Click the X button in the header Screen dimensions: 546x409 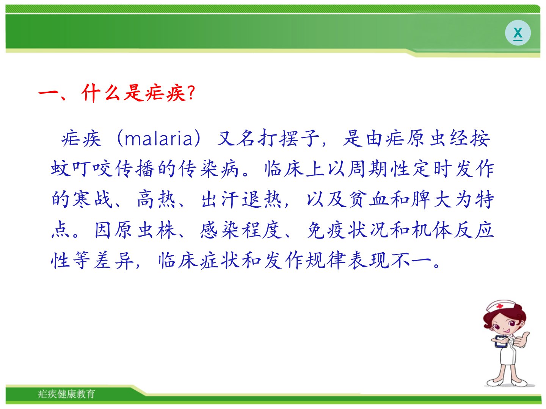coord(518,33)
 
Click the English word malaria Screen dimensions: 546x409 coord(159,139)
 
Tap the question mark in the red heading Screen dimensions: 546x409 coord(191,92)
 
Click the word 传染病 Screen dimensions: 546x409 coord(209,169)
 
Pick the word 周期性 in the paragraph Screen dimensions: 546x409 coord(379,169)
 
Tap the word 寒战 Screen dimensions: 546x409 coord(82,200)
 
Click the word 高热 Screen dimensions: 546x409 coord(157,200)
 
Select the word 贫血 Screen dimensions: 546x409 coord(369,200)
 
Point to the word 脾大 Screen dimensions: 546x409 coord(431,200)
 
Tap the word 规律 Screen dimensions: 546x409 coord(326,261)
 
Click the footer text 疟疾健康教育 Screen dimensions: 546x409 coord(66,394)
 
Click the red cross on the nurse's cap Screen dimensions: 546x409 coord(500,306)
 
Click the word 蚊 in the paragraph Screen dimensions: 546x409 coord(60,169)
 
